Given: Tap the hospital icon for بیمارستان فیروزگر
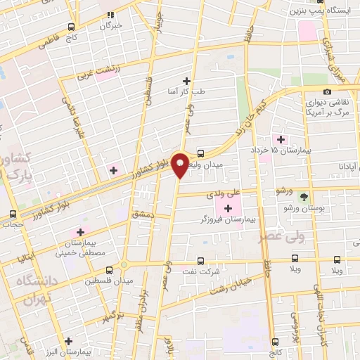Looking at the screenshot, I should pos(227,207).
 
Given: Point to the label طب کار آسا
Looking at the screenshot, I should pos(186,91).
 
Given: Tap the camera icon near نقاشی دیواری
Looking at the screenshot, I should pos(327,92).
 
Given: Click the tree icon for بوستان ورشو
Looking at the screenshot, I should pos(303,198).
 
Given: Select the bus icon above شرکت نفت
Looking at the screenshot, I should pos(200,260).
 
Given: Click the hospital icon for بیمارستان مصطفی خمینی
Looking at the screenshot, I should pos(79,232).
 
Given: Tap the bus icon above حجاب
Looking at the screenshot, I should pos(12,214).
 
